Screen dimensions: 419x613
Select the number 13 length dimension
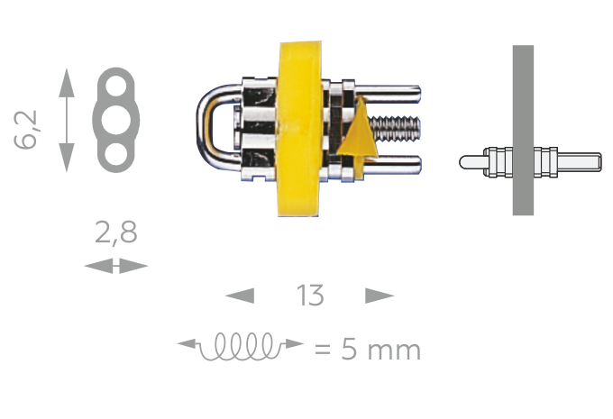309,296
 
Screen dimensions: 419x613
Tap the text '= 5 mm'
367,348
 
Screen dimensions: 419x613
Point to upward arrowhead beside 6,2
66,79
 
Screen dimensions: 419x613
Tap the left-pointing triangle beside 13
240,296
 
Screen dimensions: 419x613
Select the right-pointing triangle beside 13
380,296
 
